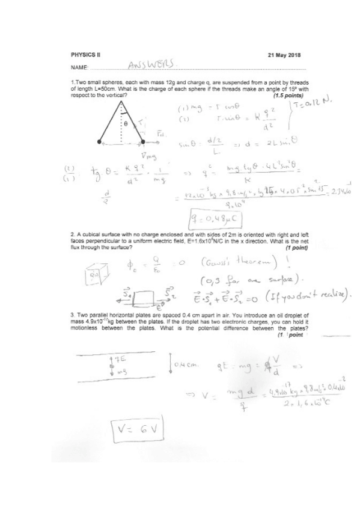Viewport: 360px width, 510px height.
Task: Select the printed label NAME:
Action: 79,67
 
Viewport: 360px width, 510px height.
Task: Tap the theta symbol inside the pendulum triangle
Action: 126,122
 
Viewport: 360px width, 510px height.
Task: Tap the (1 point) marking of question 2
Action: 296,247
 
